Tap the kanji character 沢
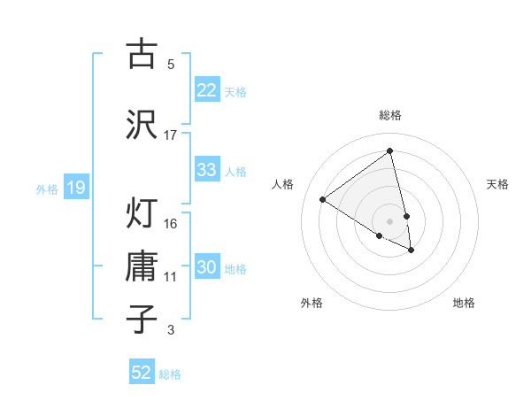coord(142,123)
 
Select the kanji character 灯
coord(142,212)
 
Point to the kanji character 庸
coord(142,266)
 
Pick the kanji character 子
coord(142,319)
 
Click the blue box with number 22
coord(206,90)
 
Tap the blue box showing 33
coord(206,170)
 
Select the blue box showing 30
coord(206,268)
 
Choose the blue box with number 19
coord(75,188)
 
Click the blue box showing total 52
coord(142,373)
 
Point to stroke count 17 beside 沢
coord(171,135)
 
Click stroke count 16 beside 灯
coord(171,223)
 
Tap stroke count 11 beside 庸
coord(171,277)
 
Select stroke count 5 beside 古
coord(171,64)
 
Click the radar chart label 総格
coord(390,115)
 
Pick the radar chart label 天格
coord(497,184)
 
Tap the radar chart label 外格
coord(311,303)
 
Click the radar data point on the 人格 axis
coord(322,199)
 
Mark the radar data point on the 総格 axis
coord(390,150)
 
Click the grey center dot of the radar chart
coord(390,220)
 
